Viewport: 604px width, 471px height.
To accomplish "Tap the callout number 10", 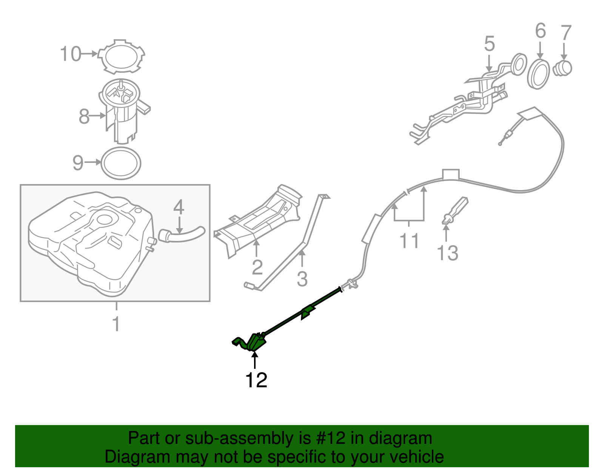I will [x=71, y=54].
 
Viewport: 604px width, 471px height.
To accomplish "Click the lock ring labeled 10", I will [x=122, y=57].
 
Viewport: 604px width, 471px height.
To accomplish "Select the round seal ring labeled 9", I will [x=121, y=163].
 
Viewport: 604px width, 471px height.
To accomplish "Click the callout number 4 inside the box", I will [x=179, y=207].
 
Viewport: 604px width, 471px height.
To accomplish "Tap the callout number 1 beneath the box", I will [x=116, y=324].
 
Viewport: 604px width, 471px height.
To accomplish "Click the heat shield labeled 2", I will [x=260, y=222].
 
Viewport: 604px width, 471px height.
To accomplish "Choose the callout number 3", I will [x=302, y=279].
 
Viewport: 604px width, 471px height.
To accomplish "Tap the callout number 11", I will [x=409, y=241].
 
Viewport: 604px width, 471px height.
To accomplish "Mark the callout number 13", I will [x=447, y=253].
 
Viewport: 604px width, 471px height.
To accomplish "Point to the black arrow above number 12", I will [x=255, y=360].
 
